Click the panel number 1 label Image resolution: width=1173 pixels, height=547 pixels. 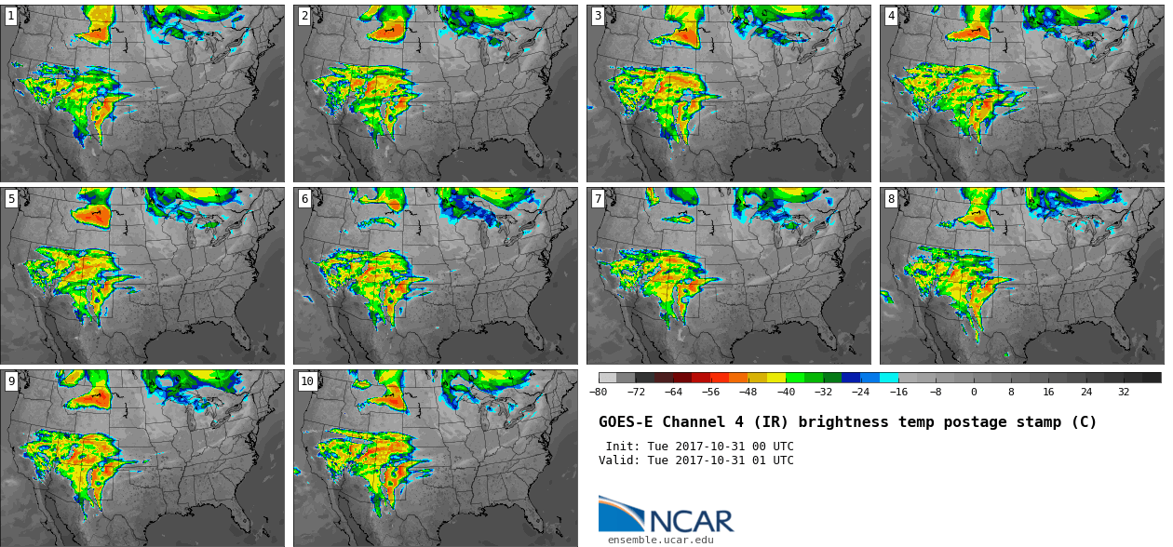[x=11, y=16]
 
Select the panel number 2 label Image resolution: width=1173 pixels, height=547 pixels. [x=304, y=16]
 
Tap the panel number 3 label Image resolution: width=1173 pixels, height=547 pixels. [x=598, y=16]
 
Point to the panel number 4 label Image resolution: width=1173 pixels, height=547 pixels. [x=891, y=16]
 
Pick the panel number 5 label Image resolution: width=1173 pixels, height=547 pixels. [x=11, y=198]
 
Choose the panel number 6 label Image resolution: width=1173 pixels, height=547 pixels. [x=304, y=198]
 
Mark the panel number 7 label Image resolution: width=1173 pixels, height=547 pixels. [x=598, y=198]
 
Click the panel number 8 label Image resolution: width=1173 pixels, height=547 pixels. [x=891, y=198]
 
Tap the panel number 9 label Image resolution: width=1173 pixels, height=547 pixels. [x=11, y=380]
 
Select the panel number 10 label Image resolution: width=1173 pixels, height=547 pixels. [x=307, y=380]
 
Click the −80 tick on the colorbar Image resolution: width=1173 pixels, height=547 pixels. [x=599, y=393]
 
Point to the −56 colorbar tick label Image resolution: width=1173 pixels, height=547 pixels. [x=710, y=393]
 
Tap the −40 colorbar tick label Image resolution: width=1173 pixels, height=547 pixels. [x=786, y=393]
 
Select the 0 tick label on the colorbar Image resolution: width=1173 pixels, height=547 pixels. [x=974, y=393]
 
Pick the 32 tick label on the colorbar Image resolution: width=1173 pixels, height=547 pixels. [x=1124, y=393]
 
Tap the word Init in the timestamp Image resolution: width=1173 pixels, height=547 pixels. [x=621, y=447]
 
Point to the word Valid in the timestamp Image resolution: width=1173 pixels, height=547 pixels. [x=617, y=460]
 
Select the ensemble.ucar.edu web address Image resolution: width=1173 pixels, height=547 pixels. [x=661, y=540]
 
